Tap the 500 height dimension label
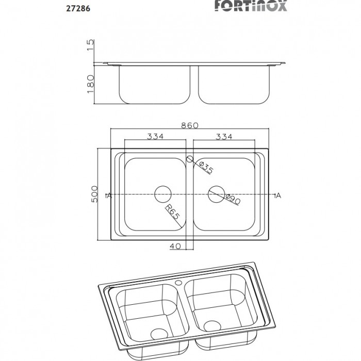94,194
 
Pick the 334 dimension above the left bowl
155,137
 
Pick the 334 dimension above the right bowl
224,137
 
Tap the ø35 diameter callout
205,168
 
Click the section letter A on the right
278,195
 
